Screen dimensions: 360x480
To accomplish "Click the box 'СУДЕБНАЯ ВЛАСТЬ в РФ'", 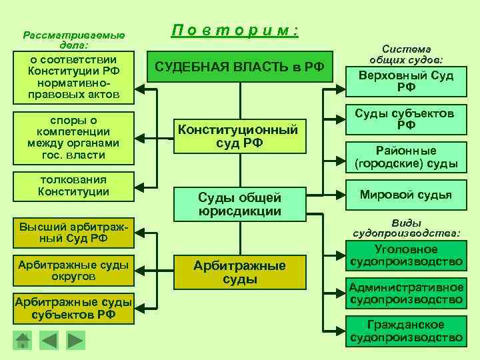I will tap(239, 67).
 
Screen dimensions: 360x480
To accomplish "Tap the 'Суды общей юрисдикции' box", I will tap(239, 204).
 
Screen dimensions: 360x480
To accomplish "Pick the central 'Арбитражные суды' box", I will tap(239, 272).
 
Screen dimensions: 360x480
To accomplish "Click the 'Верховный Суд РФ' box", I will tap(406, 81).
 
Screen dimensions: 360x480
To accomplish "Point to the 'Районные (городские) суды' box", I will tap(406, 157).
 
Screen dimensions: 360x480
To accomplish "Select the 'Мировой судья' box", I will tap(406, 195).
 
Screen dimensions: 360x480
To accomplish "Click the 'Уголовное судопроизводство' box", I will tap(406, 255).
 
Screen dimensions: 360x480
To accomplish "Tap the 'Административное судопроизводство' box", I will tap(406, 294).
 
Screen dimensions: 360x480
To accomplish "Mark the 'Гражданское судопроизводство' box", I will tap(406, 331).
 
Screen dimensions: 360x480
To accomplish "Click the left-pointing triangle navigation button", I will tap(49, 340).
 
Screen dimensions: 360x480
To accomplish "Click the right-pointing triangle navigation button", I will tap(76, 340).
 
